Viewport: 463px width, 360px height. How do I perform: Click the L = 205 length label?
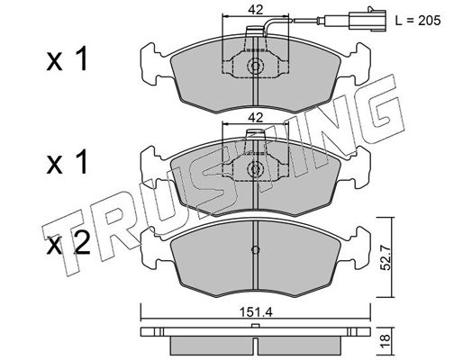point(418,21)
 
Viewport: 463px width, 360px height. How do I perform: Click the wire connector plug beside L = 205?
point(368,20)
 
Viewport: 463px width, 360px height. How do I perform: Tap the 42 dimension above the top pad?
point(255,10)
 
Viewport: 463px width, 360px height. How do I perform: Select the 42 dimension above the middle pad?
point(255,118)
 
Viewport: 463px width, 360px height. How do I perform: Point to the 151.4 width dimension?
point(256,312)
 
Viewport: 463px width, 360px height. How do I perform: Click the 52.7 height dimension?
point(386,257)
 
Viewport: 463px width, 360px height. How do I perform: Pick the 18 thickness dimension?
point(386,341)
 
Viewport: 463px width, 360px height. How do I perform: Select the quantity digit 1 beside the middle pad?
point(82,162)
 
